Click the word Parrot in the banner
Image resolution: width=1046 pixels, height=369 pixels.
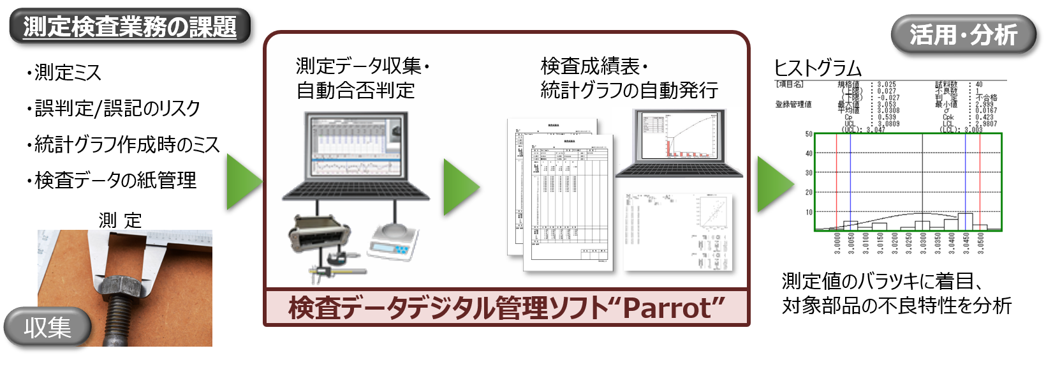[x=667, y=308]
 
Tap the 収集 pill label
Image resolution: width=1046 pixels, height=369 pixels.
[x=47, y=328]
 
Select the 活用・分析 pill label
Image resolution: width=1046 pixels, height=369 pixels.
[x=962, y=34]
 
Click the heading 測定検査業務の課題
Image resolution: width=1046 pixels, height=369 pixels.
[x=129, y=27]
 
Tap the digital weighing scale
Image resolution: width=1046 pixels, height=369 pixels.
[x=394, y=241]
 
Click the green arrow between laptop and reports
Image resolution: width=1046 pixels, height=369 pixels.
[x=460, y=188]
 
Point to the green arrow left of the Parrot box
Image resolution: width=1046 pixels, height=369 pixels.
[x=243, y=181]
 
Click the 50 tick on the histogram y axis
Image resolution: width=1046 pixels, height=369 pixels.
[x=809, y=134]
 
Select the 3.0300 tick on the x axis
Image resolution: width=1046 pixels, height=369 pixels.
[x=923, y=243]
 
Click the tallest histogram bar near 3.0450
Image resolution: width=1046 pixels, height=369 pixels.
[x=965, y=221]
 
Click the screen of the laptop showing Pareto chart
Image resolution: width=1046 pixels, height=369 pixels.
[x=680, y=136]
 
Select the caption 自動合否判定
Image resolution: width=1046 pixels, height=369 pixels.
[x=355, y=90]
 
